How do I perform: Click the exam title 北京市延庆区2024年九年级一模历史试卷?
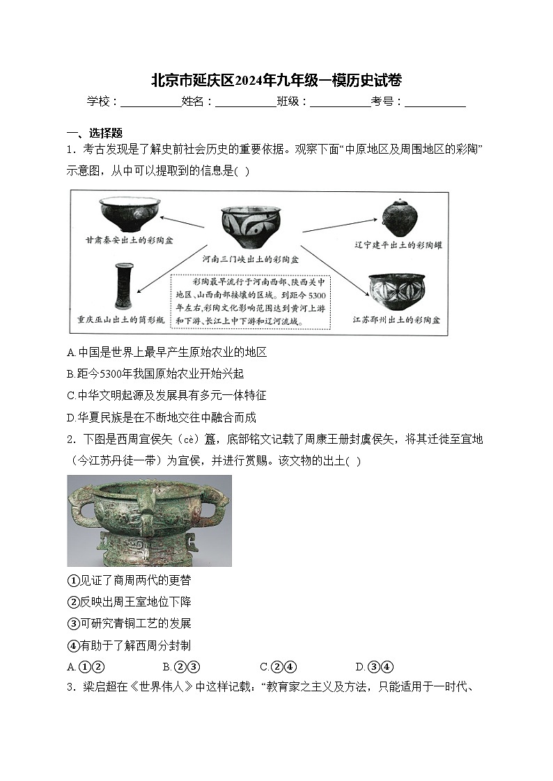(x=276, y=80)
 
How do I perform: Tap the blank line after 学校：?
(x=150, y=102)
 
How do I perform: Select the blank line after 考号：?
(x=435, y=102)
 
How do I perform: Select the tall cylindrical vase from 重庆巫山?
(x=124, y=286)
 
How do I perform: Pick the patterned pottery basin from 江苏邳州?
(x=396, y=291)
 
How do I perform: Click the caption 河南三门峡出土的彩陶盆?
(x=251, y=259)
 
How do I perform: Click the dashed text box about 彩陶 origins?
(x=252, y=303)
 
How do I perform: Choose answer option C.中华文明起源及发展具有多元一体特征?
(x=166, y=395)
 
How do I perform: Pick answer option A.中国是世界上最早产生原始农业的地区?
(x=166, y=353)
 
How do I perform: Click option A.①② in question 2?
(x=86, y=666)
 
